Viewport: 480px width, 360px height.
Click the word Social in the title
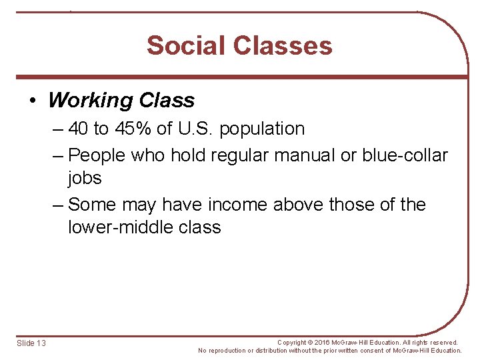187,45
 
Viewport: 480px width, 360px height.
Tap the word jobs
85,178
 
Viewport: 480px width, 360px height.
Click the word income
237,204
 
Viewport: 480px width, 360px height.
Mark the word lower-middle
116,227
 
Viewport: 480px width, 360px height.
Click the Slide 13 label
31,343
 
